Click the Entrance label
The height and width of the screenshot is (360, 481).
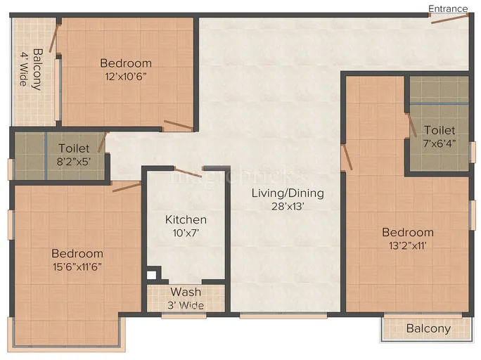(x=449, y=8)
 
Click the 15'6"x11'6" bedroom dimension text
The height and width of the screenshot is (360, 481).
(x=77, y=267)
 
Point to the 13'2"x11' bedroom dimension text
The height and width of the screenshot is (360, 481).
(x=407, y=246)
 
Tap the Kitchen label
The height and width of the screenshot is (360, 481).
(x=186, y=219)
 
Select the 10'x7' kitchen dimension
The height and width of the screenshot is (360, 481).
(x=186, y=233)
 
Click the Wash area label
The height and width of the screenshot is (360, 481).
(x=186, y=292)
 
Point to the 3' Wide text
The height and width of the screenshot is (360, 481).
(x=186, y=304)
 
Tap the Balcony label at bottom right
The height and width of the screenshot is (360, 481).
(x=428, y=328)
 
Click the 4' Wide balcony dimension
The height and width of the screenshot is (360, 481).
(x=23, y=69)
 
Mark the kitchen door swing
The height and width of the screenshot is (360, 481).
(x=188, y=172)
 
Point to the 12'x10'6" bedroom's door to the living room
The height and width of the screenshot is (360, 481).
(x=178, y=127)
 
